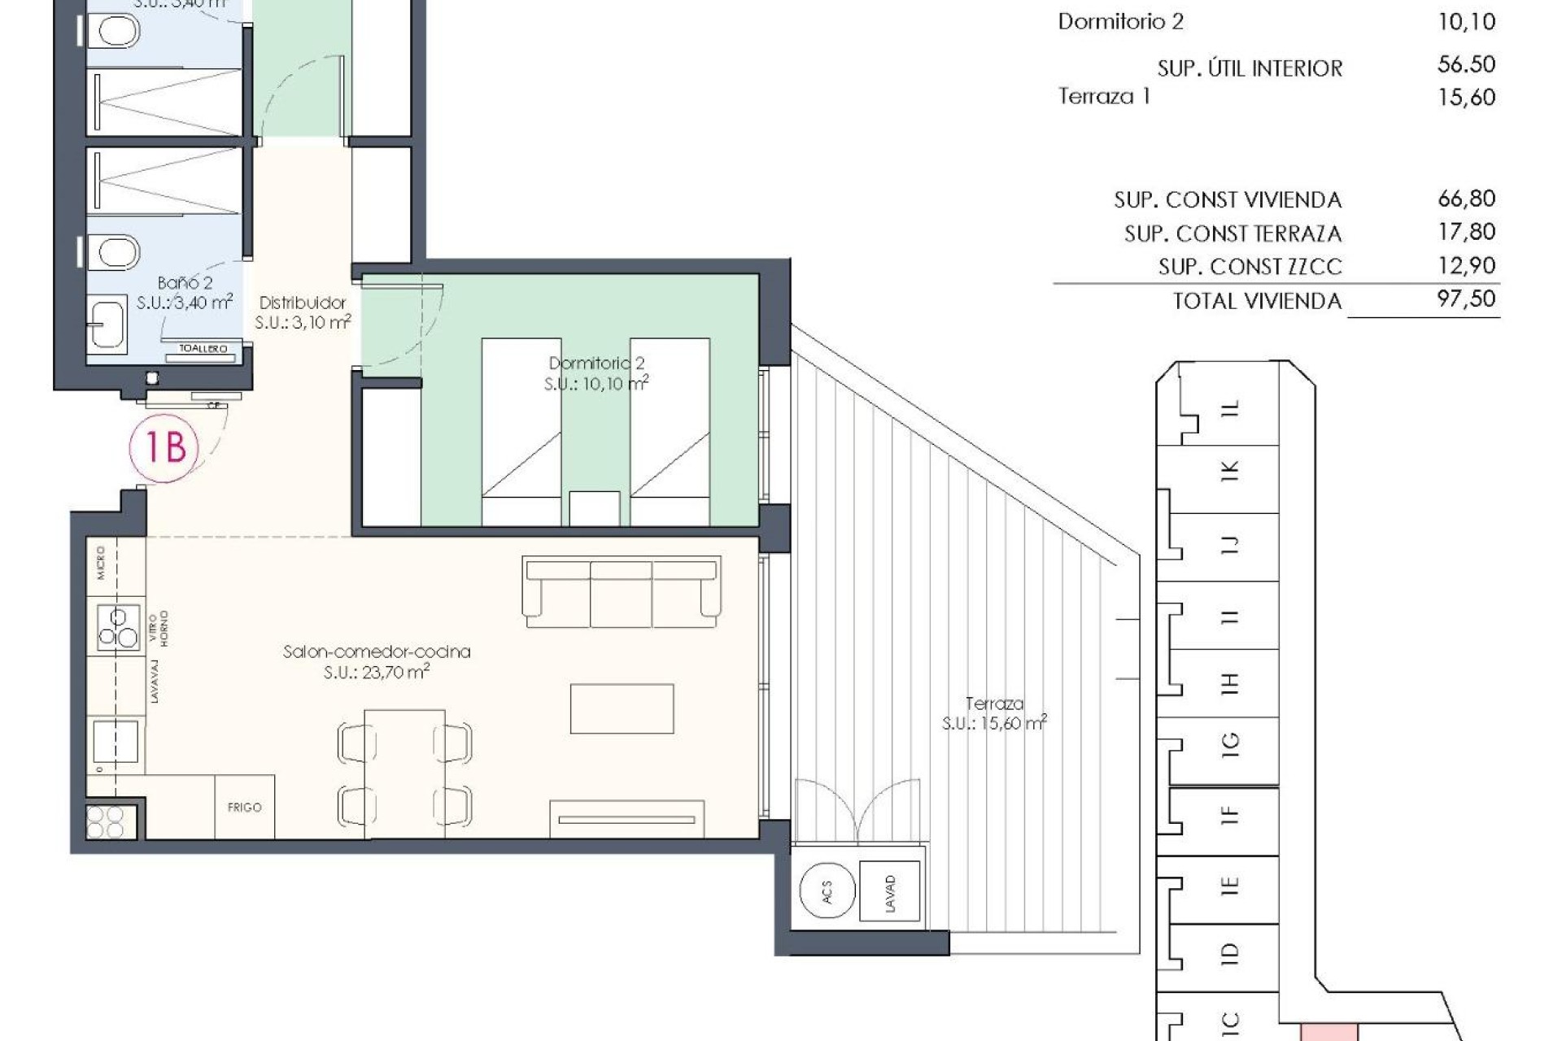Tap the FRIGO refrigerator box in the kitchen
point(244,807)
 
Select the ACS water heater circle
point(827,892)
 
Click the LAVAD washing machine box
point(890,892)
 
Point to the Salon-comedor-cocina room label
point(377,651)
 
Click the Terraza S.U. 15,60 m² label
point(994,713)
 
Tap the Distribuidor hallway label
point(303,303)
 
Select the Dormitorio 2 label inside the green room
point(596,364)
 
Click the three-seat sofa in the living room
point(622,591)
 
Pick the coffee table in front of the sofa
point(622,708)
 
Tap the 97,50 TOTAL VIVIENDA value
point(1466,299)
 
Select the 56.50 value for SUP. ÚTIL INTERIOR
point(1466,65)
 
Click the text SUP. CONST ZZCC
point(1250,267)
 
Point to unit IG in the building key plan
point(1229,742)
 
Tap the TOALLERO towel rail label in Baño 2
point(203,349)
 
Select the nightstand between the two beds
point(594,508)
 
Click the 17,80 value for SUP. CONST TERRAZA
point(1466,233)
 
